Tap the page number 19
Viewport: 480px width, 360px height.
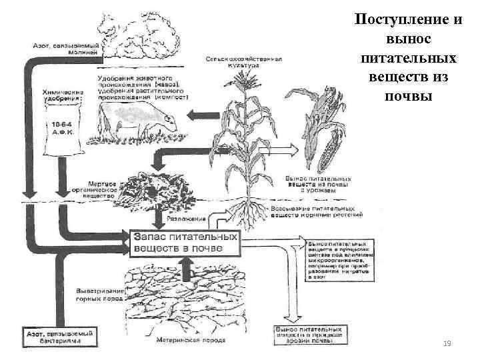point(448,343)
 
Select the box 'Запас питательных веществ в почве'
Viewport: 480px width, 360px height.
point(185,242)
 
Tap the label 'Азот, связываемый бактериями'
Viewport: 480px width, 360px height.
point(59,334)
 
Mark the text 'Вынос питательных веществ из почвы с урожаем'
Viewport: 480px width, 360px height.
point(317,184)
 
